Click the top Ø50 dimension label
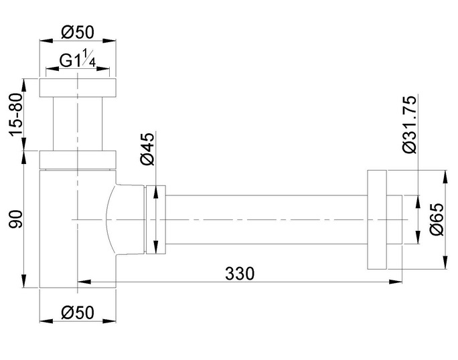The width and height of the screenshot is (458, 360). [x=78, y=32]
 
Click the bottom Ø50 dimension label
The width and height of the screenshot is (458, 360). [x=78, y=312]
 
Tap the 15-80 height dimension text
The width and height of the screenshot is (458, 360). [x=16, y=114]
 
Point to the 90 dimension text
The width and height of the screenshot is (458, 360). [x=16, y=219]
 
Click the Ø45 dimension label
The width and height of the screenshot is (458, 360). [x=147, y=149]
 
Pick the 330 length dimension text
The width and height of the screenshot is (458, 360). [x=240, y=274]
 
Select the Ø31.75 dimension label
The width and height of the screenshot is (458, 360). [x=409, y=124]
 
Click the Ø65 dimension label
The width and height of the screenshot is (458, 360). [x=437, y=219]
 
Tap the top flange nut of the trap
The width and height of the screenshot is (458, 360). [x=78, y=87]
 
